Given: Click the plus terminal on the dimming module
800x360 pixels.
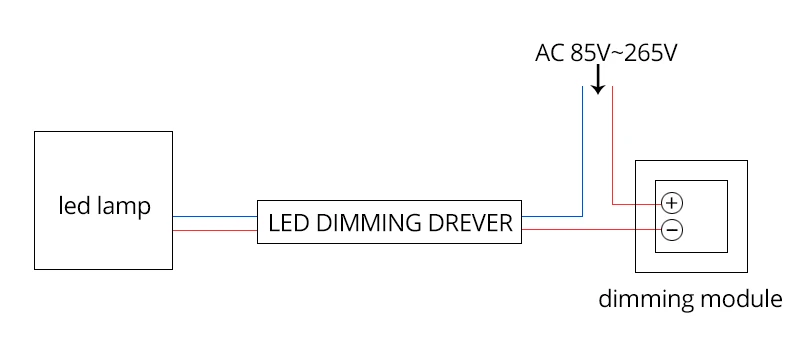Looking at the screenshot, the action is [672, 203].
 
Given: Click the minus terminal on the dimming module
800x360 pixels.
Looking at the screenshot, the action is [672, 230].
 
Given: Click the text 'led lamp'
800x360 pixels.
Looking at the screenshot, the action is [105, 207].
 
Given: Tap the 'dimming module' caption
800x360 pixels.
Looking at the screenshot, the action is [690, 299].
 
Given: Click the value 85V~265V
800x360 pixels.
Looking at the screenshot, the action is [623, 53].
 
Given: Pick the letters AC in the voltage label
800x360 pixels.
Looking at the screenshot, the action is [549, 53].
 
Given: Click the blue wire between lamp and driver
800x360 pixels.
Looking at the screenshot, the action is [215, 216].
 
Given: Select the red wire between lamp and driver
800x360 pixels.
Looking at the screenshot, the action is [215, 230].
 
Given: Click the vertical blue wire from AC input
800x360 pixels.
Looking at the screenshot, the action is [582, 151].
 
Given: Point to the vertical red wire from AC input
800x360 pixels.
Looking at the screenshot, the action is [612, 145].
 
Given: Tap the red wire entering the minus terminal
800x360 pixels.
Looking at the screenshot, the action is [592, 230].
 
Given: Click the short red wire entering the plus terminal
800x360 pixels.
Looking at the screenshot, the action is [637, 204].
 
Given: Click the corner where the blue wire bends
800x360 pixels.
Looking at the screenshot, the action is [582, 216].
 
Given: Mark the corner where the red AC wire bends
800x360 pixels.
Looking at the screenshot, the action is [612, 204].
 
